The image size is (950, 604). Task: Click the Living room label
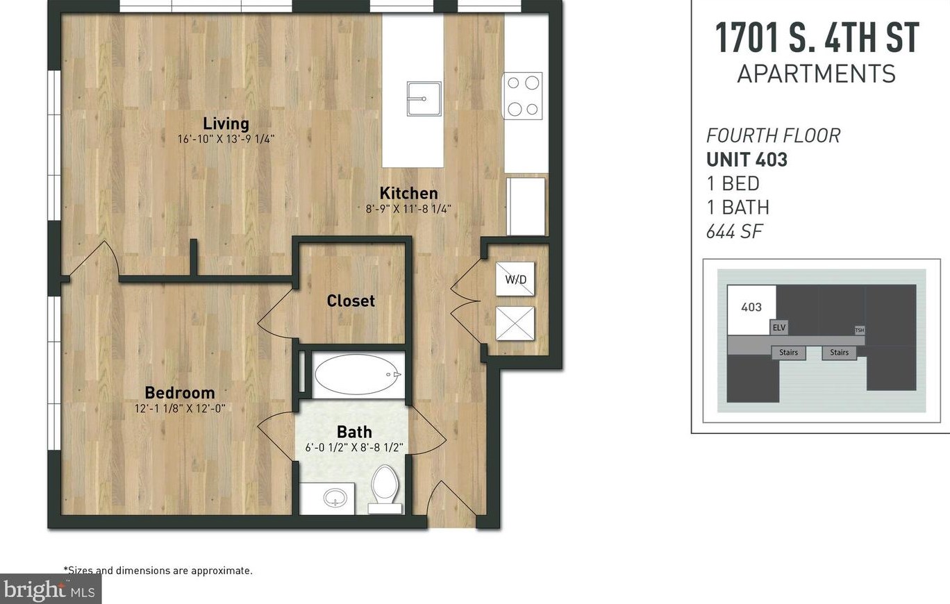(x=226, y=124)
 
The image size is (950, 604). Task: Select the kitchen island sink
(x=424, y=99)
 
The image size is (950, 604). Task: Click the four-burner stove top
(x=523, y=96)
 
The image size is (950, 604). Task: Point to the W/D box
(x=515, y=279)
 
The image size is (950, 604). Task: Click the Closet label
(x=351, y=301)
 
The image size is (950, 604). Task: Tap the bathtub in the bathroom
(x=358, y=375)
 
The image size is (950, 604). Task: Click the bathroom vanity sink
(x=335, y=497)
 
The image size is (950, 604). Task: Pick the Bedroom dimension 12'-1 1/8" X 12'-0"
(x=180, y=408)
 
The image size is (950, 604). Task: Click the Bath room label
(x=354, y=432)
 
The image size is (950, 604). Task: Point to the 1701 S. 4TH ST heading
(x=817, y=38)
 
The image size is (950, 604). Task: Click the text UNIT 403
(x=747, y=159)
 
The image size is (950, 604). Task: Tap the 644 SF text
(x=734, y=231)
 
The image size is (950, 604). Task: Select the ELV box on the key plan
(x=779, y=327)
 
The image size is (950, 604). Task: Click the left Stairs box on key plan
(x=788, y=352)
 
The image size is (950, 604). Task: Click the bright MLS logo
(x=51, y=589)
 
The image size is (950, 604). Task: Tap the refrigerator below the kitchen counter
(x=526, y=206)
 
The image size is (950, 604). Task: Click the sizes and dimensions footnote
(x=158, y=571)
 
